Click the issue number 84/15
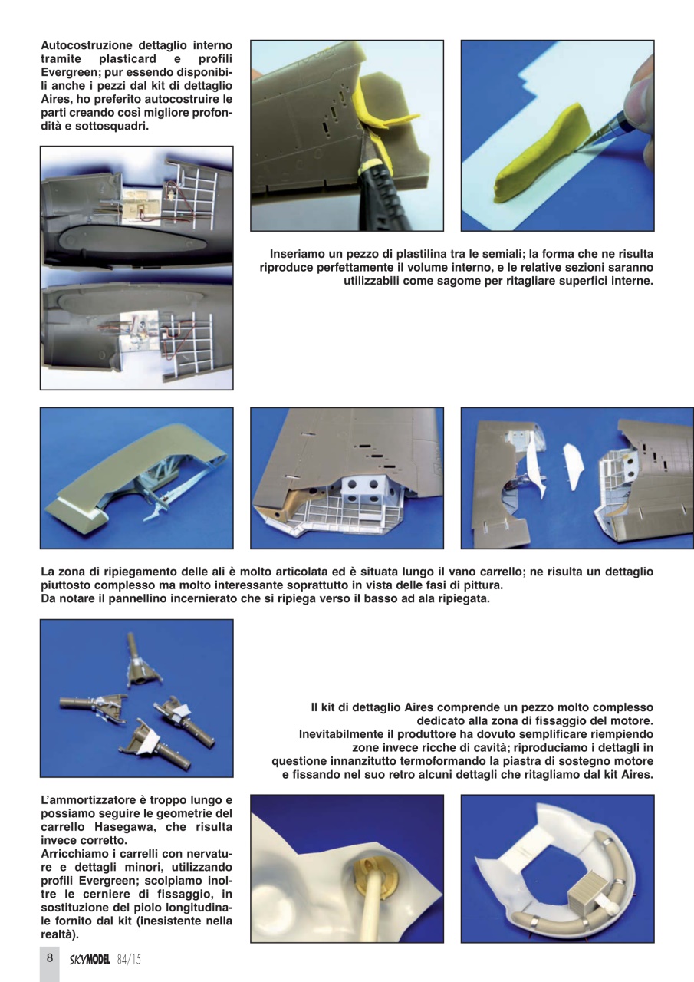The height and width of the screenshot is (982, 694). coord(130,959)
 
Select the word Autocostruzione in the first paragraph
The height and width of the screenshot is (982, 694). coord(88,45)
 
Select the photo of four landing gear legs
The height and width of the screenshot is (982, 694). coord(136,697)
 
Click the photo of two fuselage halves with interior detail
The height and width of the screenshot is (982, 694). coord(136,268)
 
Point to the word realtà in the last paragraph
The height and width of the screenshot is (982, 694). coord(58,934)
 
